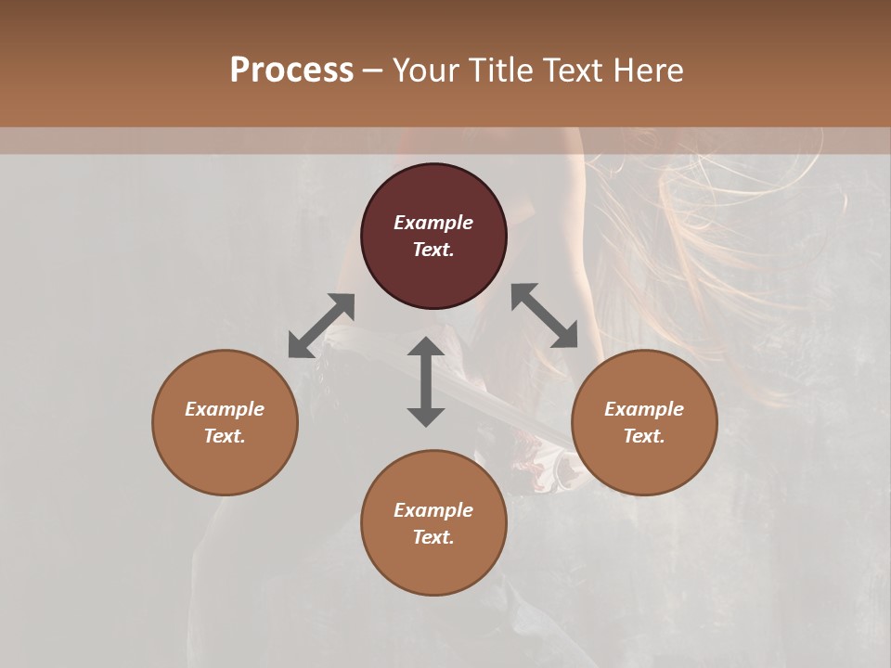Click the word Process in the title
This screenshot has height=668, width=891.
click(291, 71)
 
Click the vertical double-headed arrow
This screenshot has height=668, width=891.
click(426, 381)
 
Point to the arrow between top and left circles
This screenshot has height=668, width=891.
click(321, 326)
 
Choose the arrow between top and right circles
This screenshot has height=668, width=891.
click(544, 315)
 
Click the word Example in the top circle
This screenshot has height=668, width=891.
click(433, 223)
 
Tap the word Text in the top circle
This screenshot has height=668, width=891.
click(433, 250)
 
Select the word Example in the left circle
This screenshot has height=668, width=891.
click(225, 409)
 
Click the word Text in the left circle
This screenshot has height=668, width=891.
click(225, 436)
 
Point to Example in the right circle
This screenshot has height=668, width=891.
click(644, 409)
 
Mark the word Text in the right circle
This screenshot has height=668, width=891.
click(644, 436)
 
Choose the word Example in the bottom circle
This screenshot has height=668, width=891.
click(433, 510)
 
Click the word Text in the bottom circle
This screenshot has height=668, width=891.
click(433, 537)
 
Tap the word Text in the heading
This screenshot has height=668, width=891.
click(575, 71)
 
